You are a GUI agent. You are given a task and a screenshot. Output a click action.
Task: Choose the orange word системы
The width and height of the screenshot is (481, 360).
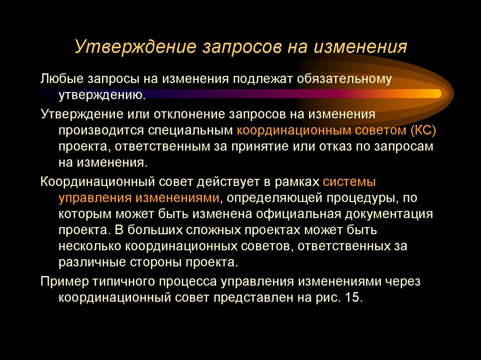pyautogui.click(x=350, y=181)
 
